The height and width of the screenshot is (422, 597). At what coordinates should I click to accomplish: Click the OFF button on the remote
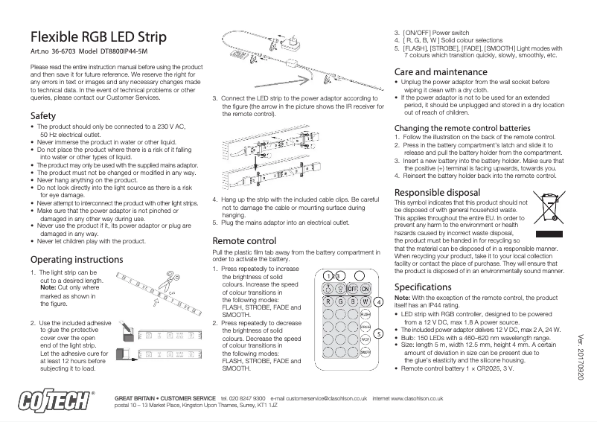pyautogui.click(x=352, y=289)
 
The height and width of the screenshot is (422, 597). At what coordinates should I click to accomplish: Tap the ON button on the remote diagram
pyautogui.click(x=365, y=289)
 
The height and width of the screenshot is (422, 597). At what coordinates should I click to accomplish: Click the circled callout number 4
pyautogui.click(x=378, y=302)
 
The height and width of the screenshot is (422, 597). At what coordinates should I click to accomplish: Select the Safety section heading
pyautogui.click(x=42, y=116)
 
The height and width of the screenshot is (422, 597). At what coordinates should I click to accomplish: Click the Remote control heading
pyautogui.click(x=244, y=241)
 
